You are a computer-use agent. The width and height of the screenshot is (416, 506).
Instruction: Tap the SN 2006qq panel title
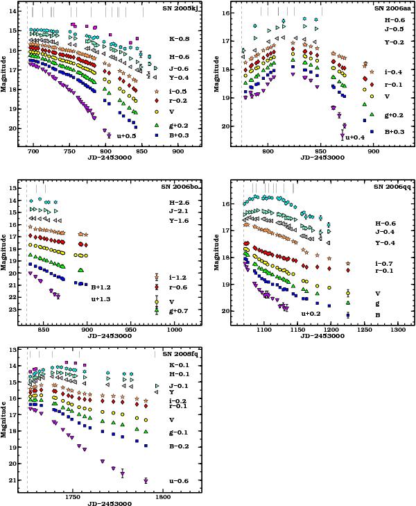(390, 186)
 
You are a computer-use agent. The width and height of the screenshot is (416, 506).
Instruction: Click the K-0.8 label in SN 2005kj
(179, 38)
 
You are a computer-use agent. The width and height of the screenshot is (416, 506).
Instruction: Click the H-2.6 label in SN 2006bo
(179, 202)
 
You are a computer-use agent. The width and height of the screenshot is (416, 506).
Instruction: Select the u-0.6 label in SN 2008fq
(178, 480)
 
